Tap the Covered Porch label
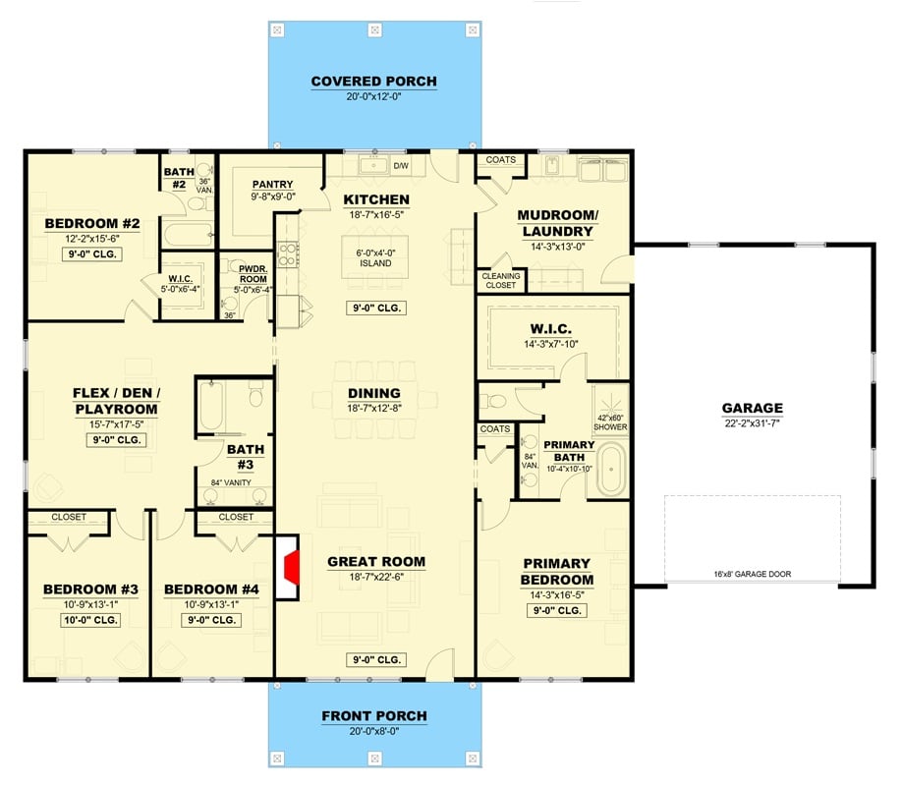373,82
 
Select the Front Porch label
373,716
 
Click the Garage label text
753,408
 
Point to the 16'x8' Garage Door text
752,574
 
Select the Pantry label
273,184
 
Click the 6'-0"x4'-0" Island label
375,257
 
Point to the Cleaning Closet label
501,281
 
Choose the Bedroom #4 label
211,589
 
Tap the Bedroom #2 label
92,224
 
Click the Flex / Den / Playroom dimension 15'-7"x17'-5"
116,424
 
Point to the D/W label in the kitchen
401,165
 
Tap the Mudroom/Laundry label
555,223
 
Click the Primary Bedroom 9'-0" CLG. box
556,610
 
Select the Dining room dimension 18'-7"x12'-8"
374,408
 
